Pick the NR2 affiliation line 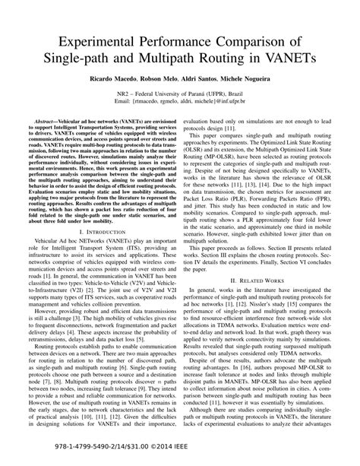pyautogui.click(x=180, y=113)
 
